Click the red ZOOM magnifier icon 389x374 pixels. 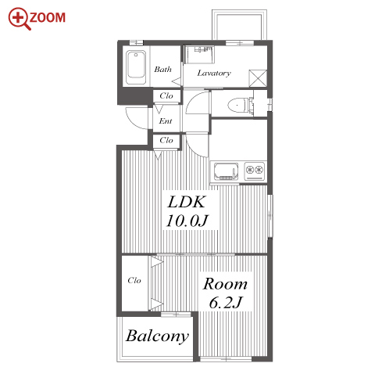(19, 18)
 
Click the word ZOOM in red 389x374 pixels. (48, 18)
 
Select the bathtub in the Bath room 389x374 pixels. (136, 67)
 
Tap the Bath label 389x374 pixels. (162, 69)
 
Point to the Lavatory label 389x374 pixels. (214, 73)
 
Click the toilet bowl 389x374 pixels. (237, 106)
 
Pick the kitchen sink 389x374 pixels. (226, 171)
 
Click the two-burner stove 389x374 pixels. (255, 171)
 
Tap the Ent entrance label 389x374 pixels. (166, 121)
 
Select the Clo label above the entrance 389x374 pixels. (166, 95)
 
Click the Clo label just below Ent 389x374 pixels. (166, 140)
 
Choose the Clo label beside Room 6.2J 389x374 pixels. (134, 280)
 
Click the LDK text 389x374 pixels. (187, 202)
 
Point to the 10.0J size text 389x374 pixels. (187, 221)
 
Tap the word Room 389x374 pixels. (225, 284)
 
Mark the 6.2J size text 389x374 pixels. (226, 303)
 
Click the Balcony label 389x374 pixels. (157, 336)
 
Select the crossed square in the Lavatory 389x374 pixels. (258, 78)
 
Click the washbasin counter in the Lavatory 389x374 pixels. (199, 54)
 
